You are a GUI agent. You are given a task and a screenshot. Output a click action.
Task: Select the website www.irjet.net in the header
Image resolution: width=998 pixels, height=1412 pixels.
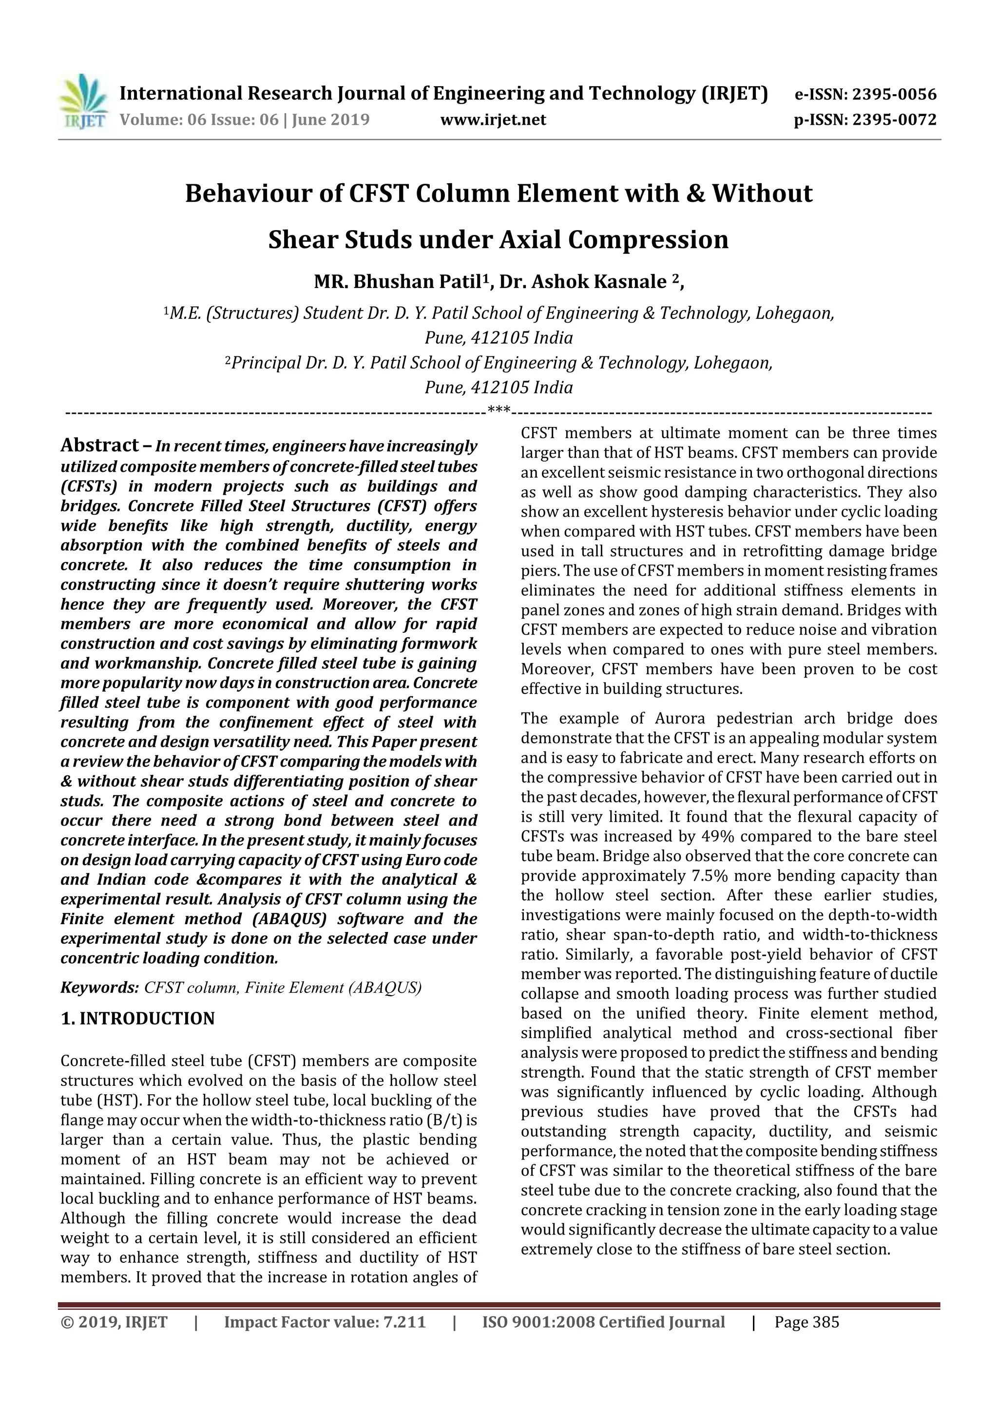click(493, 119)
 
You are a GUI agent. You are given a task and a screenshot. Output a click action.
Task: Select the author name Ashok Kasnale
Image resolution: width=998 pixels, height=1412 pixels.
click(599, 282)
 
